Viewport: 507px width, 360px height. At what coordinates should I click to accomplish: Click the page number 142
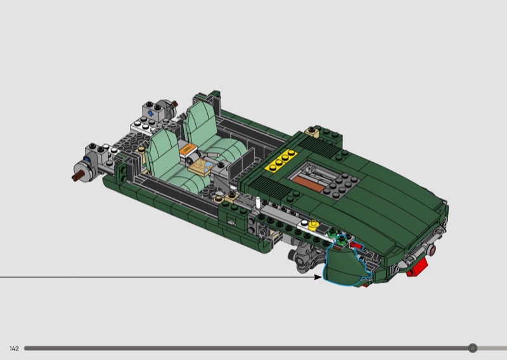pyautogui.click(x=14, y=349)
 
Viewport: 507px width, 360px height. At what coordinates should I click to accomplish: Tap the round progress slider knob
pyautogui.click(x=473, y=348)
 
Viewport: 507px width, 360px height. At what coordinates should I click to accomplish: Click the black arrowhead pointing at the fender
pyautogui.click(x=318, y=277)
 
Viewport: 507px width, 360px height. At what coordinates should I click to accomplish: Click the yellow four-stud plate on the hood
pyautogui.click(x=281, y=160)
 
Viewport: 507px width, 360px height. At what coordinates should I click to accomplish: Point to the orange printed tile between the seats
pyautogui.click(x=188, y=150)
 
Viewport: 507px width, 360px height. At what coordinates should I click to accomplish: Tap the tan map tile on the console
pyautogui.click(x=202, y=167)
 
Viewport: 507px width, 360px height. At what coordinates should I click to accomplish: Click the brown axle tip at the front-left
pyautogui.click(x=75, y=177)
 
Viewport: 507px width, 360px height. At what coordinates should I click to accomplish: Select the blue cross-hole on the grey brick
pyautogui.click(x=150, y=113)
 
